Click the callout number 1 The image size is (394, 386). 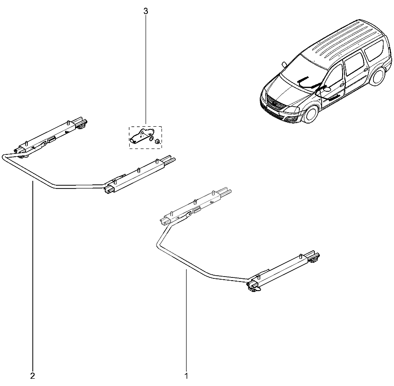click(186, 376)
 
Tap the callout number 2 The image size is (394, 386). click(32, 376)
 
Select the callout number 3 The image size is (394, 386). click(146, 11)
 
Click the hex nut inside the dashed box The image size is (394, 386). click(157, 142)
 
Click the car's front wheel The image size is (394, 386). click(311, 114)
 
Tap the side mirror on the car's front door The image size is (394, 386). click(327, 89)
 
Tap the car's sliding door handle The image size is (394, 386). click(366, 70)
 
